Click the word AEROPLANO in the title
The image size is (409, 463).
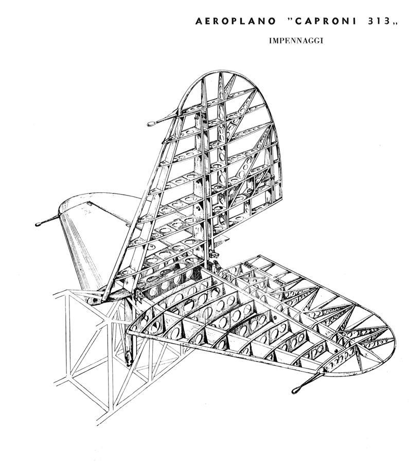(236, 21)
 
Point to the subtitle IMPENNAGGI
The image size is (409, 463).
(296, 41)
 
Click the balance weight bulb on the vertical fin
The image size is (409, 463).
(151, 124)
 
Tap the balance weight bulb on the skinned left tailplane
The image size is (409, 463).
(39, 224)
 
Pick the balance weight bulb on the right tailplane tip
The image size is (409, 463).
(296, 390)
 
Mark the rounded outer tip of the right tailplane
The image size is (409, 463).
(394, 340)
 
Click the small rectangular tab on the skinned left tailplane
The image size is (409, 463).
(90, 203)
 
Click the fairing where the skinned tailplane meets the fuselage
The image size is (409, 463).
(117, 294)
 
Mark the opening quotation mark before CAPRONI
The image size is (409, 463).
(289, 19)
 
